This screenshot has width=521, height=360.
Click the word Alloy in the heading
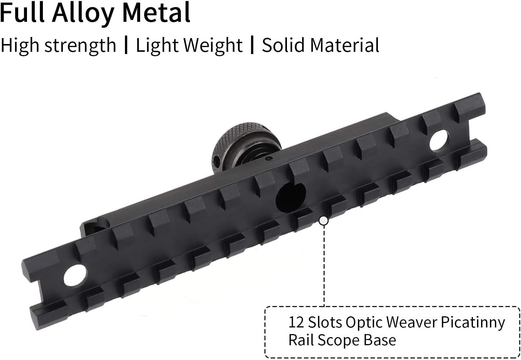83,13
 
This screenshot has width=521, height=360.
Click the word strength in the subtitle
80,46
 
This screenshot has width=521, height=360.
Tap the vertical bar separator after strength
126,45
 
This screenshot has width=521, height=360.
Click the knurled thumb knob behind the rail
246,144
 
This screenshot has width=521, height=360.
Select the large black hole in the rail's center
291,197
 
